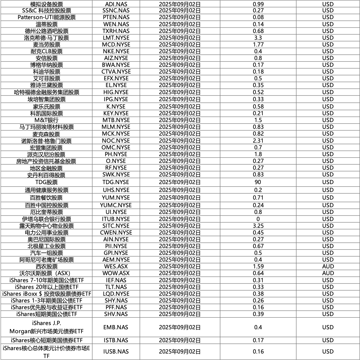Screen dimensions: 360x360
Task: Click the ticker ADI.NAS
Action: [x=116, y=4]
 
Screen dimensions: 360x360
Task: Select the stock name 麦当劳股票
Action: [x=47, y=45]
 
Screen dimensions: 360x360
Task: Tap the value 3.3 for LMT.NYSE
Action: [x=258, y=38]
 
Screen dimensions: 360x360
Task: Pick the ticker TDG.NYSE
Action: [x=116, y=182]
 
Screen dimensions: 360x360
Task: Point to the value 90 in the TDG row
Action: [x=258, y=182]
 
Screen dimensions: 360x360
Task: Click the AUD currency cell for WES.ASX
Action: [x=328, y=266]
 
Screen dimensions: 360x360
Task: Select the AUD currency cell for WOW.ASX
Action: [x=328, y=273]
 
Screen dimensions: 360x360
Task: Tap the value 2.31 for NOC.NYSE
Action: [x=258, y=141]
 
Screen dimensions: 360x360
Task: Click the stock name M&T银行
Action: [x=47, y=120]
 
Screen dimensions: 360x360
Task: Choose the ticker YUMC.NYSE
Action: [x=116, y=205]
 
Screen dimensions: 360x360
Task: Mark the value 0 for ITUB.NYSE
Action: [x=258, y=219]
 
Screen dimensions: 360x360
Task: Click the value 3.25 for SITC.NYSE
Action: [x=258, y=226]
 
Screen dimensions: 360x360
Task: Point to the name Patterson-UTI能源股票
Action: [x=47, y=17]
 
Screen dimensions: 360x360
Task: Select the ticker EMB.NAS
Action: [x=116, y=327]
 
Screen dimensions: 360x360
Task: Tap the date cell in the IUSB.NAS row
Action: [x=180, y=352]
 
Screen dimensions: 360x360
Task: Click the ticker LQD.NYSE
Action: [x=116, y=294]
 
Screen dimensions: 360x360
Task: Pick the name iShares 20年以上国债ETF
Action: [x=47, y=287]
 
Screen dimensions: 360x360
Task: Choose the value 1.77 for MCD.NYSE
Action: [x=258, y=45]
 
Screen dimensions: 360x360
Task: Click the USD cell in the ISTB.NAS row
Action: [x=328, y=340]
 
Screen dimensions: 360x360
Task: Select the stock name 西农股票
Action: [x=47, y=266]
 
